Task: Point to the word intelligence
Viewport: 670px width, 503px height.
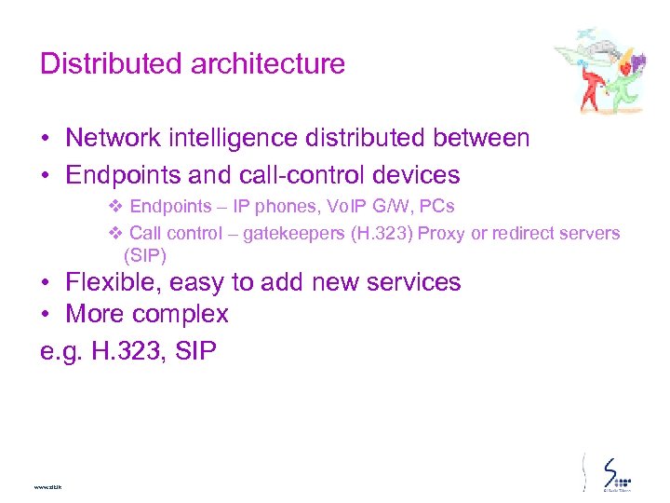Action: [247, 139]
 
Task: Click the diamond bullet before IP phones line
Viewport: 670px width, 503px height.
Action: [116, 206]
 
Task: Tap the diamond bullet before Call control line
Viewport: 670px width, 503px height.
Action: [116, 234]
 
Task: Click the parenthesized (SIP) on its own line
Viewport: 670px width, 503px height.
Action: [144, 253]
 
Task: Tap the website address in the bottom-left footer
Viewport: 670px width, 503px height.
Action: [47, 486]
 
